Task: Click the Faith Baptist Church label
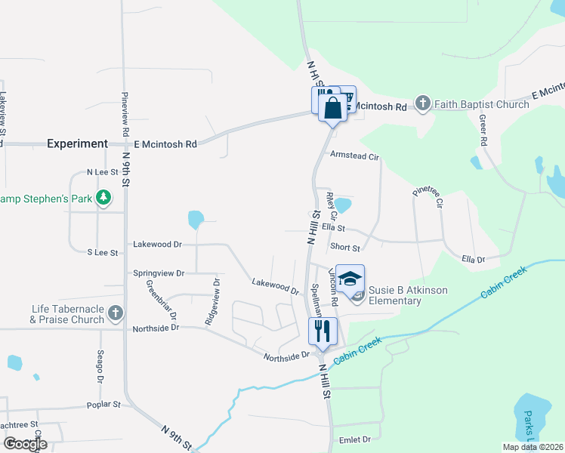point(481,103)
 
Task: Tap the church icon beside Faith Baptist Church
point(423,103)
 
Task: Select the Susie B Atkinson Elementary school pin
point(350,280)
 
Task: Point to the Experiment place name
point(78,143)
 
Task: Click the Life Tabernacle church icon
point(116,312)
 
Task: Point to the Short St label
point(345,247)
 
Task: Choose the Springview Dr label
point(159,273)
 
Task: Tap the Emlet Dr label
point(355,439)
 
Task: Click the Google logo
point(25,443)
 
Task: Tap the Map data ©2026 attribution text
point(533,447)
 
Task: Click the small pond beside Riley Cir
point(344,205)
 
